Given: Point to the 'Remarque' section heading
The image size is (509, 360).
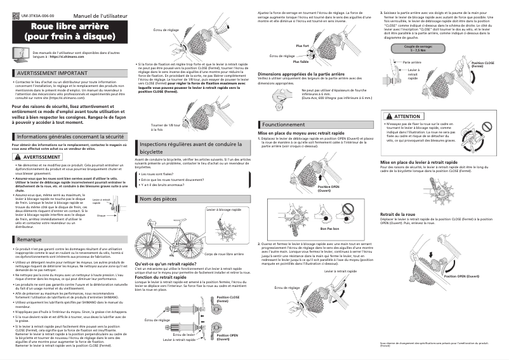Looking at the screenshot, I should (30, 239).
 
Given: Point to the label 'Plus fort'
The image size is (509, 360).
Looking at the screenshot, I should (303, 46).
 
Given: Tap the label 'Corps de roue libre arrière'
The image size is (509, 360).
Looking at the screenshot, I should (225, 254).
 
